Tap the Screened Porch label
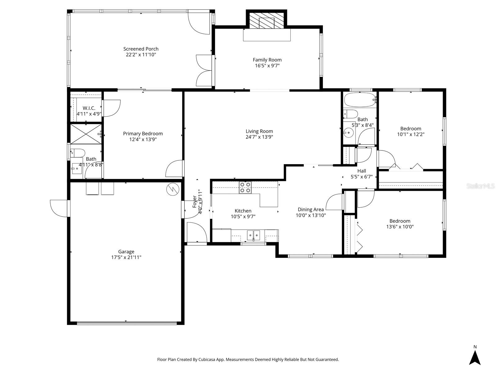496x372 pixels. pyautogui.click(x=141, y=49)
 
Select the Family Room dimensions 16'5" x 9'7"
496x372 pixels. pyautogui.click(x=267, y=65)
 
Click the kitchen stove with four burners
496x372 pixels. pyautogui.click(x=245, y=188)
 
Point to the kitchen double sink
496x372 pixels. pyautogui.click(x=254, y=235)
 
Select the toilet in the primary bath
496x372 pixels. pyautogui.click(x=78, y=153)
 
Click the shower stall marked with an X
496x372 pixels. pyautogui.click(x=86, y=134)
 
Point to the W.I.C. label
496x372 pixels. pyautogui.click(x=89, y=108)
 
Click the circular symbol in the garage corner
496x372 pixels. pyautogui.click(x=172, y=190)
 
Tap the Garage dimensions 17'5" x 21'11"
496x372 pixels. pyautogui.click(x=126, y=257)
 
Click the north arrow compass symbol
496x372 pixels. pyautogui.click(x=475, y=357)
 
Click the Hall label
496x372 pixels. pyautogui.click(x=362, y=171)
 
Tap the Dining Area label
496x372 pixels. pyautogui.click(x=311, y=209)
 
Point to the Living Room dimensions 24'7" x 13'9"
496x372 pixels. pyautogui.click(x=259, y=137)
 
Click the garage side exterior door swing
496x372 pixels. pyautogui.click(x=59, y=208)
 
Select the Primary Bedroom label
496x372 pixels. pyautogui.click(x=143, y=134)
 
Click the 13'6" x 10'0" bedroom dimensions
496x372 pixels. pyautogui.click(x=400, y=226)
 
